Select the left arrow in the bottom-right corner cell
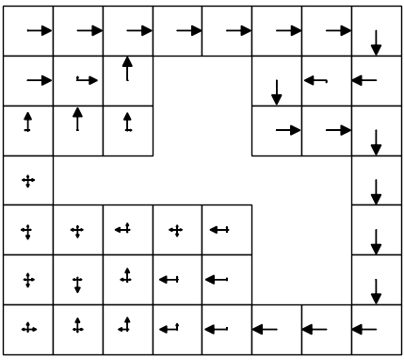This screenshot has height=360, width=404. pyautogui.click(x=364, y=330)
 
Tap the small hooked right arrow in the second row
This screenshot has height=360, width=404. pyautogui.click(x=85, y=82)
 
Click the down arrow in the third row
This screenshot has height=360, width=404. pyautogui.click(x=377, y=141)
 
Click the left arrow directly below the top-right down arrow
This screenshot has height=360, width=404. pyautogui.click(x=364, y=81)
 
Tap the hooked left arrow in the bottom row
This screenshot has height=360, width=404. pyautogui.click(x=170, y=329)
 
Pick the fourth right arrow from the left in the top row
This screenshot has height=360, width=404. pyautogui.click(x=190, y=31)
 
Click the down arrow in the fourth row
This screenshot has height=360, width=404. pyautogui.click(x=377, y=191)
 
